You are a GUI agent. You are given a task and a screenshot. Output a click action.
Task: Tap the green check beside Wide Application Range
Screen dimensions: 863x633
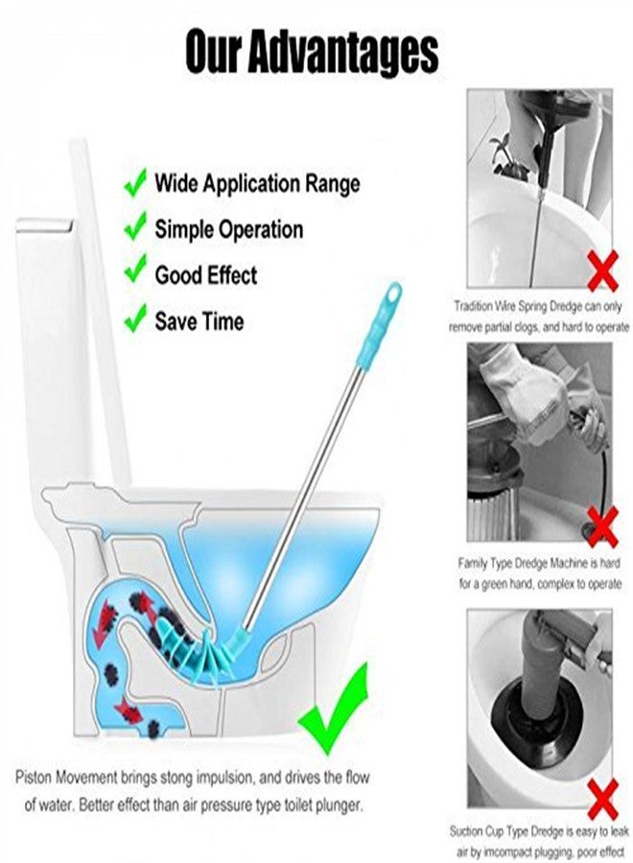(x=136, y=180)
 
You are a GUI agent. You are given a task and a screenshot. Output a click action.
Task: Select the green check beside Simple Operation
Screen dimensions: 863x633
(x=136, y=227)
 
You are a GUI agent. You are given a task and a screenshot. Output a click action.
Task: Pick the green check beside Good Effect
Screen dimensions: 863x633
(x=136, y=273)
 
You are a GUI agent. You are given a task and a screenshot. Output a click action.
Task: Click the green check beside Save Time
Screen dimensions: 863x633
(x=136, y=319)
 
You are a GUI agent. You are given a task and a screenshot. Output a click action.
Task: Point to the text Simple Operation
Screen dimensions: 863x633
(x=228, y=230)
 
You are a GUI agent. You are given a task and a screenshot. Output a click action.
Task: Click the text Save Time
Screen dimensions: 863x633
(x=199, y=322)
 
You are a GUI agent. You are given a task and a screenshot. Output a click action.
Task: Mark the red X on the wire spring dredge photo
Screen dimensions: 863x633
(x=601, y=272)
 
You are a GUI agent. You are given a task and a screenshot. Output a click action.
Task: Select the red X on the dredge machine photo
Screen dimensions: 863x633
(x=601, y=526)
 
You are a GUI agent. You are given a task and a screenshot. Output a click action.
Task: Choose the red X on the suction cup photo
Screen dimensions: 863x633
(x=601, y=795)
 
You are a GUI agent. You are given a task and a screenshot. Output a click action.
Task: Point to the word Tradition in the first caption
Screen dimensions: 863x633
(x=476, y=309)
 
